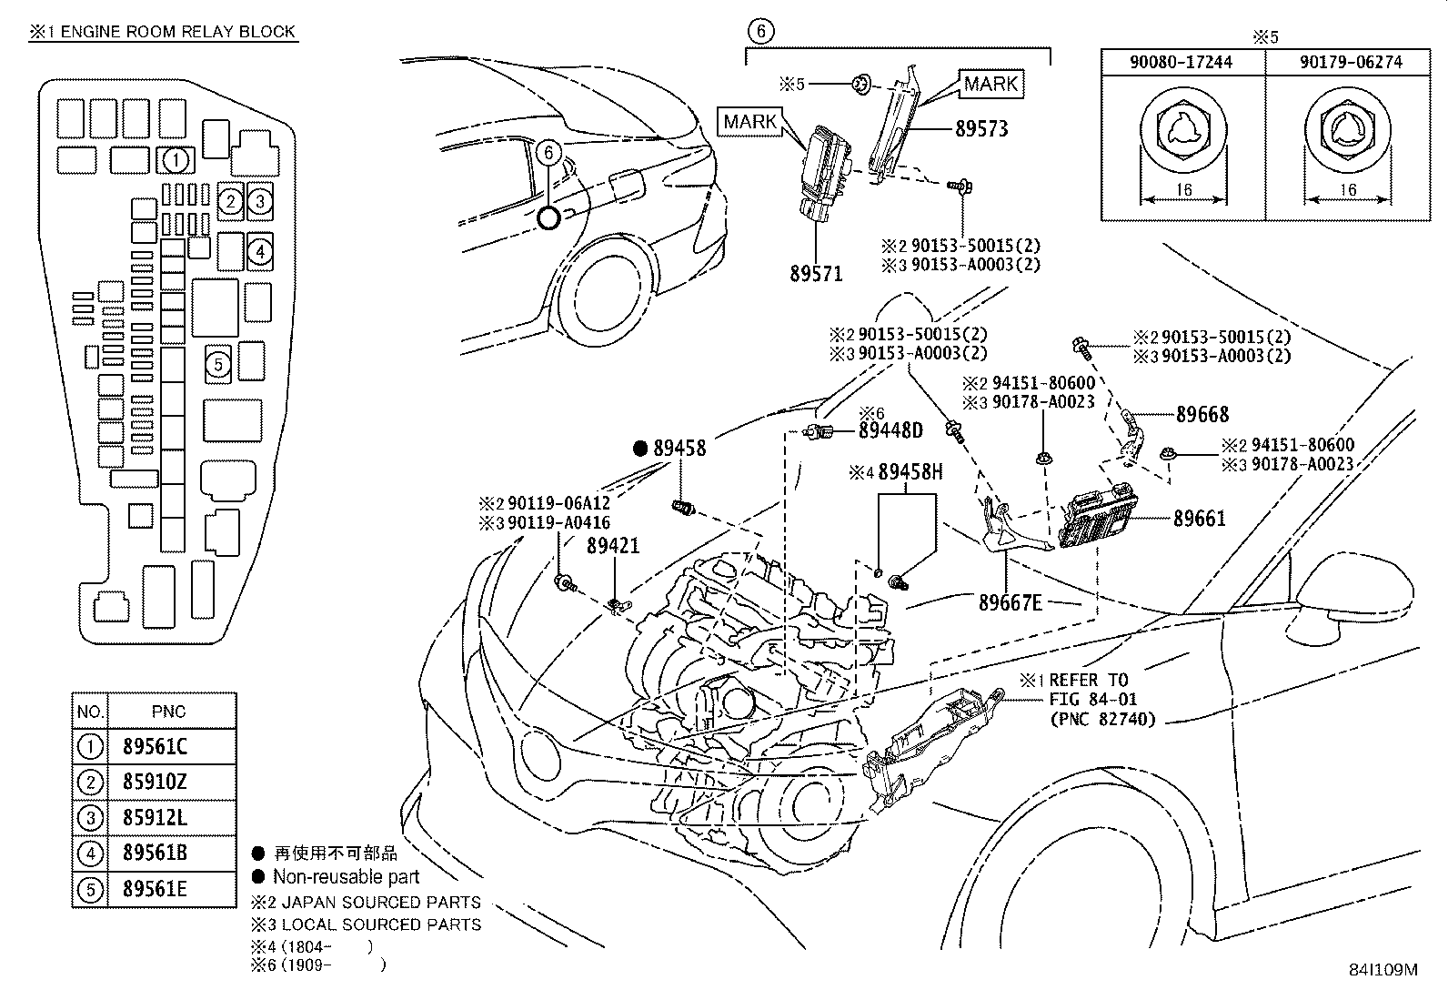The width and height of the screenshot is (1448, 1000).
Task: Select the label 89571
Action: point(816,273)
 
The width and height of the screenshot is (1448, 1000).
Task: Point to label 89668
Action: point(1202,415)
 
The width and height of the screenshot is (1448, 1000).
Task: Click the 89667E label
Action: point(1010,602)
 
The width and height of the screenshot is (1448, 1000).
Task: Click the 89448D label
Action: point(890,430)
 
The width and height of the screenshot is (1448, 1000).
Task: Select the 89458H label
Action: point(910,472)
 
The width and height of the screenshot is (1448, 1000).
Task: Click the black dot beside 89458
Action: point(639,448)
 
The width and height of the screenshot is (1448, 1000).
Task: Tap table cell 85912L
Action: point(155,818)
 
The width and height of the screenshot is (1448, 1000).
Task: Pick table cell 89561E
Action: point(155,889)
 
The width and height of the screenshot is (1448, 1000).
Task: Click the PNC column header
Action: point(170,712)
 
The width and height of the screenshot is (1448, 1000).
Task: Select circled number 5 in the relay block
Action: point(217,365)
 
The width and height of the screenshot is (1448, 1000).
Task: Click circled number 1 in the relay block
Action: point(176,161)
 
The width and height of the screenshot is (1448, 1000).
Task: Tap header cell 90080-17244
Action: point(1182,63)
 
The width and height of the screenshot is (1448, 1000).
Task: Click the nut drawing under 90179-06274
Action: point(1347,133)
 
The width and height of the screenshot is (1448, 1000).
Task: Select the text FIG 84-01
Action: point(1092,700)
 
